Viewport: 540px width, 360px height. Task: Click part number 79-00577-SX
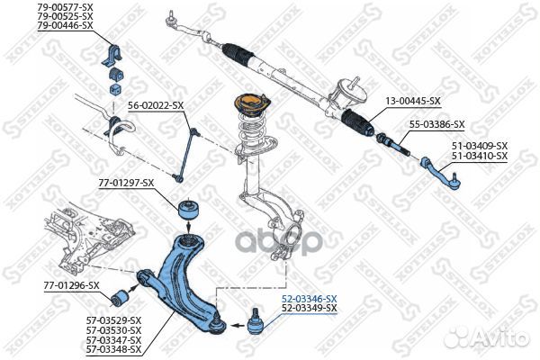click(x=65, y=7)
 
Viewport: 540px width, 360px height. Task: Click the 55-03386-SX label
click(x=436, y=124)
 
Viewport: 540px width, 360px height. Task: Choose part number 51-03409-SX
click(x=479, y=146)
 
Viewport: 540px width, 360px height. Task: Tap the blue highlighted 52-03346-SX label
click(x=309, y=299)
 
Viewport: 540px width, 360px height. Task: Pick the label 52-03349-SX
click(x=309, y=308)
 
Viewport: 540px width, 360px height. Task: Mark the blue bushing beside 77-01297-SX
click(x=189, y=209)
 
